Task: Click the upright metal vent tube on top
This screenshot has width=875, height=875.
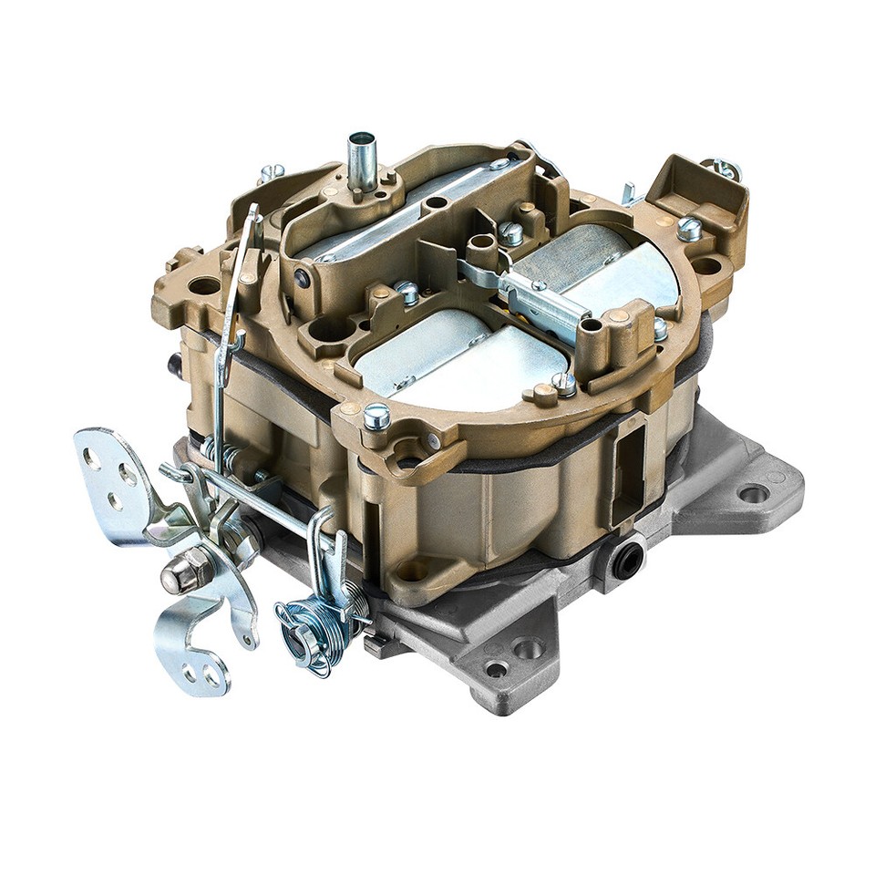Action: [361, 161]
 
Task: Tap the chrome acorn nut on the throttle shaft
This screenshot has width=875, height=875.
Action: [177, 575]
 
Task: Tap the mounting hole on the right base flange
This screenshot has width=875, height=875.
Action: [753, 494]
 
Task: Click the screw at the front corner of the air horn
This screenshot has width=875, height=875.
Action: [376, 417]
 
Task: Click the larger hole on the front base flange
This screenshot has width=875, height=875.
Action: [529, 649]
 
